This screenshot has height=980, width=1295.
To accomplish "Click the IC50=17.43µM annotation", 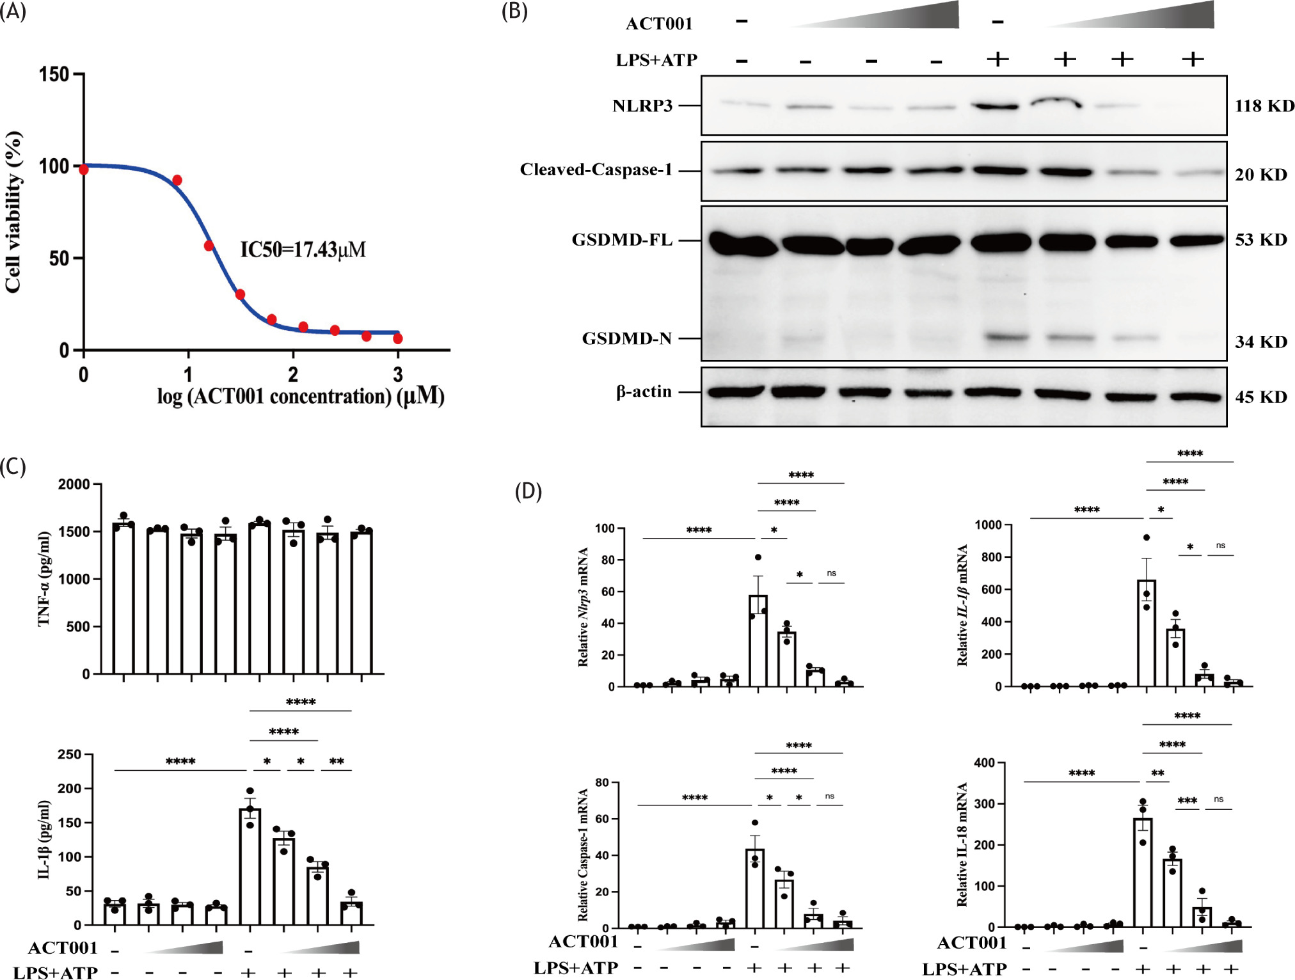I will [303, 249].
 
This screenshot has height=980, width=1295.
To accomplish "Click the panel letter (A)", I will [13, 12].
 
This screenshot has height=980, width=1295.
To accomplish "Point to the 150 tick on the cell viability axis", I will [54, 74].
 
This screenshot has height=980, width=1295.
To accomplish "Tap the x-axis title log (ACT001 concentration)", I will [301, 397].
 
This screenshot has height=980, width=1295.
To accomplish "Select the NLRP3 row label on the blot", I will [642, 106].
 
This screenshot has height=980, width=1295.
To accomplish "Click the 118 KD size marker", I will [1264, 106].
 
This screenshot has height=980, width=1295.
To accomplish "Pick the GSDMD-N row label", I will [627, 338].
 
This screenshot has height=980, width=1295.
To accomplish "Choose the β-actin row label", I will [644, 391].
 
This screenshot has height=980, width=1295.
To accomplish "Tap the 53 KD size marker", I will [1260, 240].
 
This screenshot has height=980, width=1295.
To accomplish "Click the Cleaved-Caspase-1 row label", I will [596, 170].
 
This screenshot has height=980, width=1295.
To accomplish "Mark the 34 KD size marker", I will [1260, 342].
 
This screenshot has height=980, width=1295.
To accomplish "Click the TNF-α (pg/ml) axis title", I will [44, 578].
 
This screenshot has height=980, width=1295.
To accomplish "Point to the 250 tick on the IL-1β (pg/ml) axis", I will [69, 754].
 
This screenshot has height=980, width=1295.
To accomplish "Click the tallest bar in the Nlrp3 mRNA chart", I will [758, 640].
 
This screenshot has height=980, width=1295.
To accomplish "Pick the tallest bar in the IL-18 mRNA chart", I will [1143, 873].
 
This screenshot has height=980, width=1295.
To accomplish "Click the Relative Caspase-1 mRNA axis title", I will [583, 855].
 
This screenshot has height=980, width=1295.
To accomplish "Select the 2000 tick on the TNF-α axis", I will [74, 484].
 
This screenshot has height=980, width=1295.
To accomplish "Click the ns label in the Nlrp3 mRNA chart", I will [831, 573].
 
